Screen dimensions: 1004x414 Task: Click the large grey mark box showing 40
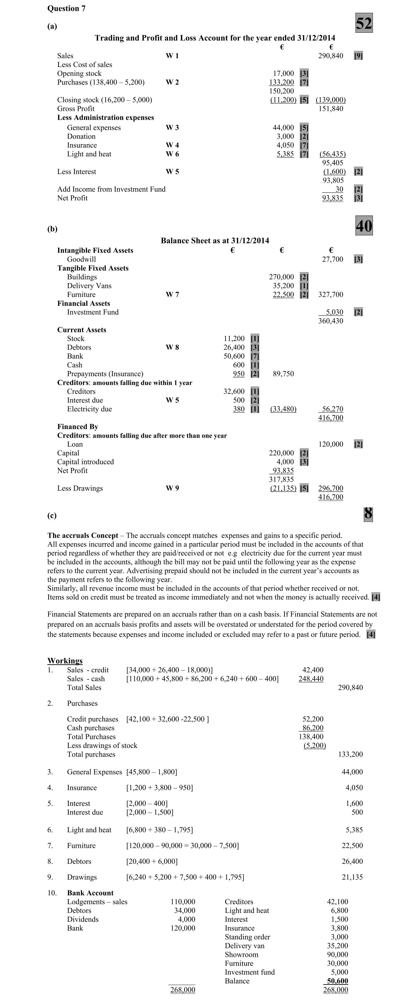tap(364, 226)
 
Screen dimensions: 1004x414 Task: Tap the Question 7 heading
tap(66, 8)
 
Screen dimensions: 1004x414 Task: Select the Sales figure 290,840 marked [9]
tap(331, 56)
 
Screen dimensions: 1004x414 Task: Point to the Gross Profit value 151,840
tap(331, 109)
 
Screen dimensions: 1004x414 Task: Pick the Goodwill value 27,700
tap(332, 259)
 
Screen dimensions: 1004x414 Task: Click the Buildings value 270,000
tap(281, 277)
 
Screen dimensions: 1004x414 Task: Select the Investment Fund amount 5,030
tap(334, 312)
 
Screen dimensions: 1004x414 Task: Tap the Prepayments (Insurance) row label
tap(105, 374)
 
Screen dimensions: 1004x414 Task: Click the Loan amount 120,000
tap(331, 444)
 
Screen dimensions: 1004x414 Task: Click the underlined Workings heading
tap(65, 661)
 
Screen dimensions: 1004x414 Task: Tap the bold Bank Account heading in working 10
tap(90, 893)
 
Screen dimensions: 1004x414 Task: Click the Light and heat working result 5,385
tap(354, 830)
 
